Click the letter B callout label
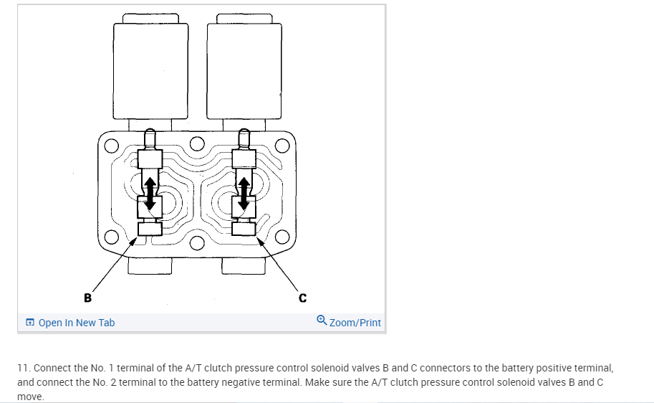click(x=88, y=296)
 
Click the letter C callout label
click(x=302, y=296)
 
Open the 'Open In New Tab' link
click(x=76, y=323)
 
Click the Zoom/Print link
click(x=355, y=323)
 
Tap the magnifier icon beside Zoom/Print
click(x=322, y=321)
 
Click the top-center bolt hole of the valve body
click(x=197, y=143)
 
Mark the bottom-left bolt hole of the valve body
click(x=111, y=237)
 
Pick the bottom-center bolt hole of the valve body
click(x=197, y=240)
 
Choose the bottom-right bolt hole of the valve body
click(x=282, y=237)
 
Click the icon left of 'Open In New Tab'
click(x=29, y=323)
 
